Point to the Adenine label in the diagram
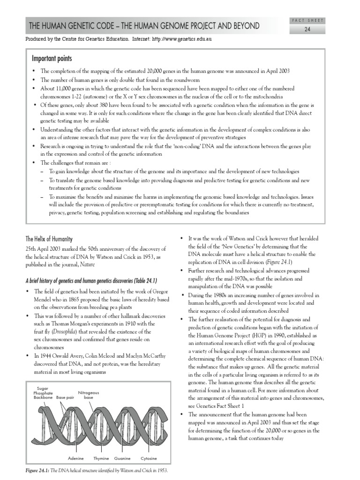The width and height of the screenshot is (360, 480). pos(76,457)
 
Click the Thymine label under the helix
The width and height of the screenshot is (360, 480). pos(100,457)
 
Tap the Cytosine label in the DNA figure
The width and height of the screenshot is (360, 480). pos(149,457)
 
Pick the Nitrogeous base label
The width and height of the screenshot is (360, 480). pos(89,395)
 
